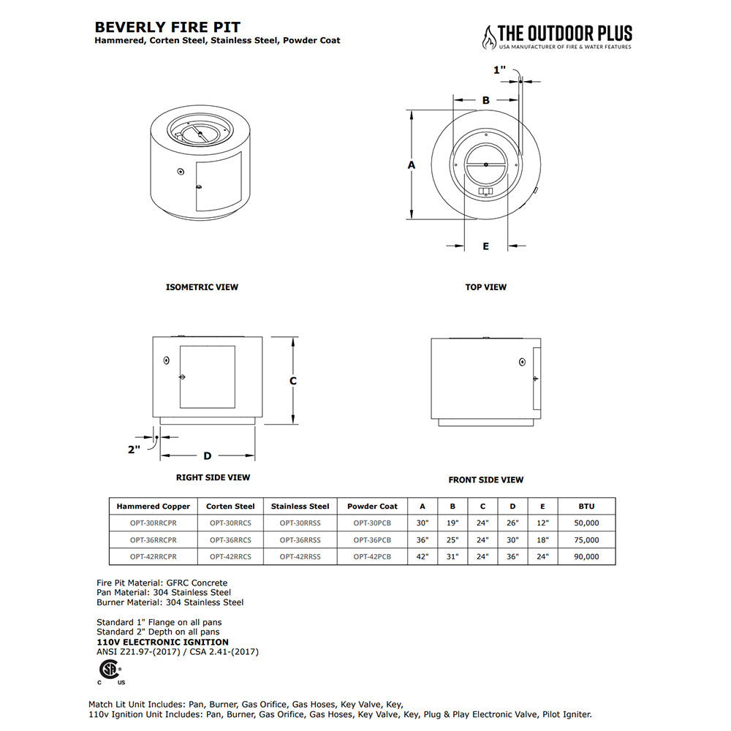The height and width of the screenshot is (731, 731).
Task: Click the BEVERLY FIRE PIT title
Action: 167,27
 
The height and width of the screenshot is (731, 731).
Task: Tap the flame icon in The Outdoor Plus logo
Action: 488,37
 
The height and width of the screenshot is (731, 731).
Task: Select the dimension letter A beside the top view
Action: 412,165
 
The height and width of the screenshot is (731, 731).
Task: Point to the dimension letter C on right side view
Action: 292,381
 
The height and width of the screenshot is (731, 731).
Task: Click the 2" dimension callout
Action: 134,450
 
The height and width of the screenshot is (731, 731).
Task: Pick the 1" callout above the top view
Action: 499,70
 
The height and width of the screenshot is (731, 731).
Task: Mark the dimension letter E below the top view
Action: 485,246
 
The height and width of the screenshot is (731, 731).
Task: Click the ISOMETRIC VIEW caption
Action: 202,287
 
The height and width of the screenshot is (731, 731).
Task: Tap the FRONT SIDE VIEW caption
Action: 485,480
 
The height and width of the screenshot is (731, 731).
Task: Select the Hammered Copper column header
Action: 153,506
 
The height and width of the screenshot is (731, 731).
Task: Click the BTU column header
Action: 586,506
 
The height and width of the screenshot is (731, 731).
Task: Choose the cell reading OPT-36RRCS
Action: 230,540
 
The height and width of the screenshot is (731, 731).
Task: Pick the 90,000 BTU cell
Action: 586,557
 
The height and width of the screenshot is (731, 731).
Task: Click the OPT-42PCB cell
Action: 372,557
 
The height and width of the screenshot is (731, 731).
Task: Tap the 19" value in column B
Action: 452,523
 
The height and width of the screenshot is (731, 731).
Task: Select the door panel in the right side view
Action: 208,377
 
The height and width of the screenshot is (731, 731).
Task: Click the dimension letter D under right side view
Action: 207,456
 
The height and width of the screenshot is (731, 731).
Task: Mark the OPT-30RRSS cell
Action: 300,523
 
